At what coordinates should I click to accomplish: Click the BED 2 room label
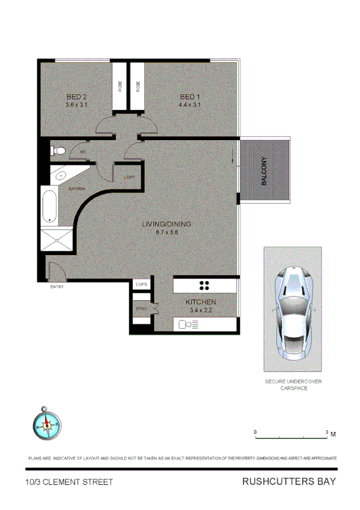76,97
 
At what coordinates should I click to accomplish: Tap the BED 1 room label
189,97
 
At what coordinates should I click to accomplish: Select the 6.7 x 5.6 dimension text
166,232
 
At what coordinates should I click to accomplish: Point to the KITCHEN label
201,302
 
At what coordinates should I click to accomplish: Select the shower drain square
58,240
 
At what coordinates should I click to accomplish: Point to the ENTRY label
57,286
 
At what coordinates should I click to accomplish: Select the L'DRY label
129,177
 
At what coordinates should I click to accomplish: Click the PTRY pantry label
141,309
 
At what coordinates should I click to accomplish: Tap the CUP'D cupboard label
142,284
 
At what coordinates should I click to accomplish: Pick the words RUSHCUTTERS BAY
288,481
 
